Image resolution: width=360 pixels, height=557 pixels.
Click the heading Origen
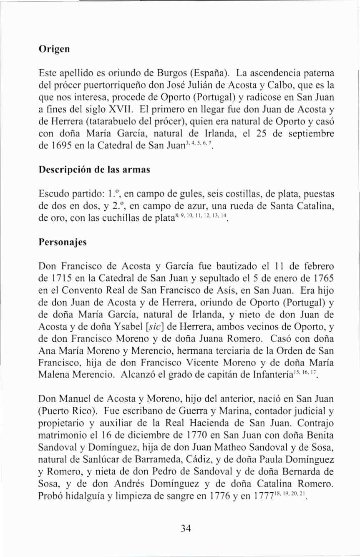(53, 49)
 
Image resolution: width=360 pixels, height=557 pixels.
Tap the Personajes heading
(62, 242)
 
